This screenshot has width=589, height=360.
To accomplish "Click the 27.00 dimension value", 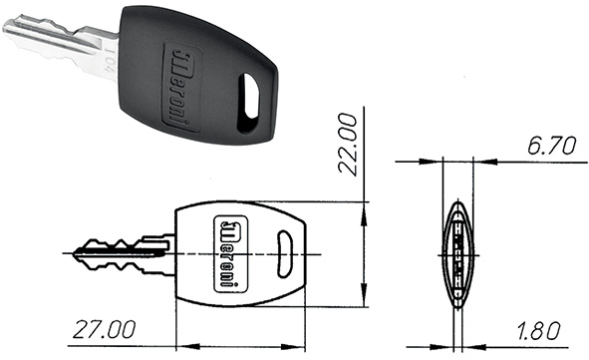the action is (104, 330).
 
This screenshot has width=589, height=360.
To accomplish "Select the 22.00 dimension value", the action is (348, 145).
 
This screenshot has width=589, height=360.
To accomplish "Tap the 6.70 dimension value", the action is (551, 146).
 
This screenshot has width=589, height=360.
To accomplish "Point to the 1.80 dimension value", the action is (539, 331).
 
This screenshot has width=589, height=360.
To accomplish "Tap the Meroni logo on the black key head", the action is (181, 87).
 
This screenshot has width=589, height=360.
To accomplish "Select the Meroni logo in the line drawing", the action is (230, 254).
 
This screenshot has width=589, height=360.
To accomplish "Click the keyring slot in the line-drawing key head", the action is (284, 254).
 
